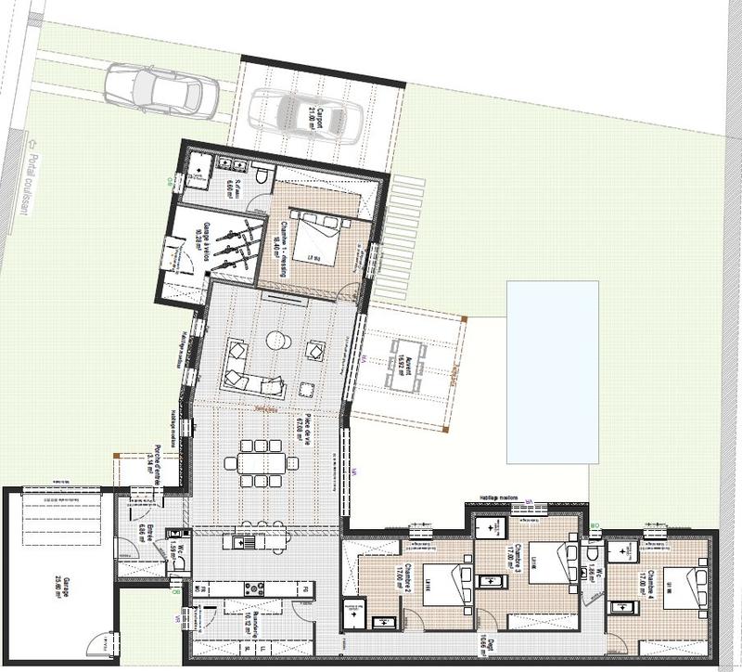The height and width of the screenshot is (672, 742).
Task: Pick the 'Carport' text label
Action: tap(320, 120)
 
